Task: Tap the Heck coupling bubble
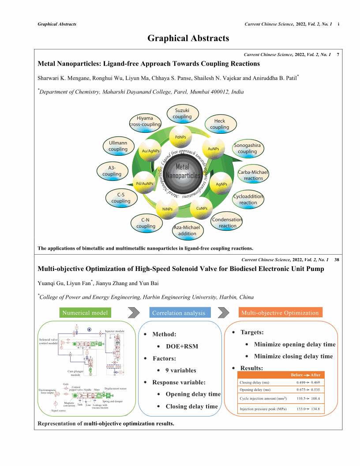tap(219, 124)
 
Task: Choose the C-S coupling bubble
tap(120, 198)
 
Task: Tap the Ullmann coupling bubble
tap(118, 146)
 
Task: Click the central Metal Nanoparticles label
tap(182, 171)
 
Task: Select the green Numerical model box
tap(85, 313)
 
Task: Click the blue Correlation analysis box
tap(179, 313)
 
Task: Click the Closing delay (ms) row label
tap(254, 383)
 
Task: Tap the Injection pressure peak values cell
tap(309, 410)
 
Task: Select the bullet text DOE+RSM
tap(182, 346)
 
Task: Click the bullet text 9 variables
tap(181, 370)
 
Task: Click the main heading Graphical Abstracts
tap(188, 38)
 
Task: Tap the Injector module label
tap(114, 331)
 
